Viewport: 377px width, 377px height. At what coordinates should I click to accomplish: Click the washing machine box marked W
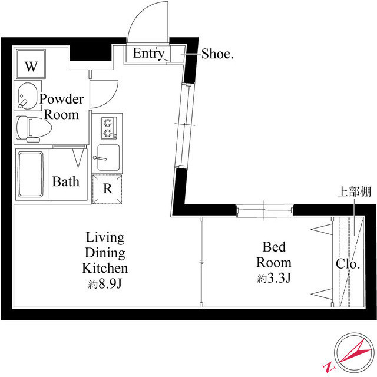pyautogui.click(x=31, y=65)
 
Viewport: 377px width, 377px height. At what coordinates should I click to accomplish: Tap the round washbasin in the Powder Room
pyautogui.click(x=27, y=96)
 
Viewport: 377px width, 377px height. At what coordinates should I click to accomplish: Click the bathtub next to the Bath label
pyautogui.click(x=31, y=175)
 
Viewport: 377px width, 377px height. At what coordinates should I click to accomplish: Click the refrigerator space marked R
pyautogui.click(x=108, y=188)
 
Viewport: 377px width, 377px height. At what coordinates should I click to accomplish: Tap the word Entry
pyautogui.click(x=148, y=54)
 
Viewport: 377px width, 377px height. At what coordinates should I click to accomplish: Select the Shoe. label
pyautogui.click(x=217, y=54)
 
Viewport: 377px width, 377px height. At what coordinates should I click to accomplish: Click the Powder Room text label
pyautogui.click(x=62, y=107)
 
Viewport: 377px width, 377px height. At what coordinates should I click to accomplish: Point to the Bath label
pyautogui.click(x=65, y=181)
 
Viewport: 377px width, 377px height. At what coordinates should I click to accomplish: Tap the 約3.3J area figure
pyautogui.click(x=274, y=279)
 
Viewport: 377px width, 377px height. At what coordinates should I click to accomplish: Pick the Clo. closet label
pyautogui.click(x=348, y=264)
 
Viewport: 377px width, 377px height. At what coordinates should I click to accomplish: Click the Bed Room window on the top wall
pyautogui.click(x=263, y=210)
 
